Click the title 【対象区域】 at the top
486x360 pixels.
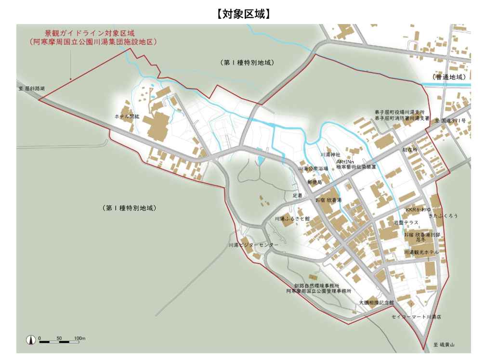coord(243,13)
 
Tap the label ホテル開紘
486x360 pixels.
coord(127,116)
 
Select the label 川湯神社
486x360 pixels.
coord(330,154)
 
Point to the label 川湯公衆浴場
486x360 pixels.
coord(313,169)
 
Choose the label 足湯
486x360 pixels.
coord(297,196)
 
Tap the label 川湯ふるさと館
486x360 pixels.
coord(292,219)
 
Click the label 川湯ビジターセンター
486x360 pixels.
coord(253,245)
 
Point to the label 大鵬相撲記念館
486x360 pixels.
coord(376,303)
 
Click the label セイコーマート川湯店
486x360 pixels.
coord(416,317)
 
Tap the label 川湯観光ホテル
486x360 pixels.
coord(421,252)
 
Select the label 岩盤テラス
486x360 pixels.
coord(406,222)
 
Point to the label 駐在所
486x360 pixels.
coord(410,150)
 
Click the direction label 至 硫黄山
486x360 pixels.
coord(444,345)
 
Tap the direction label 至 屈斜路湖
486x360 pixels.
coord(32,89)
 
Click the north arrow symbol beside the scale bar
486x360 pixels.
coord(31,340)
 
